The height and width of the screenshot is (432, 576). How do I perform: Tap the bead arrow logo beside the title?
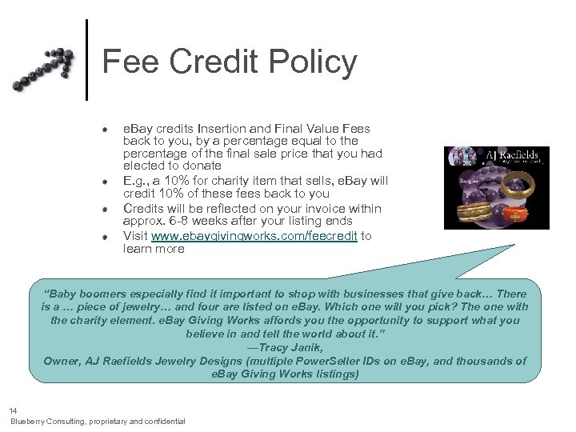tap(44, 69)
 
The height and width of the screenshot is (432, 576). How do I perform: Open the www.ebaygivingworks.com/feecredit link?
tap(254, 236)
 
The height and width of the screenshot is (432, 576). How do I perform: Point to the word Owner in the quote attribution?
tap(62, 361)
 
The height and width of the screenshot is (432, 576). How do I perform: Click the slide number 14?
tap(14, 410)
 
